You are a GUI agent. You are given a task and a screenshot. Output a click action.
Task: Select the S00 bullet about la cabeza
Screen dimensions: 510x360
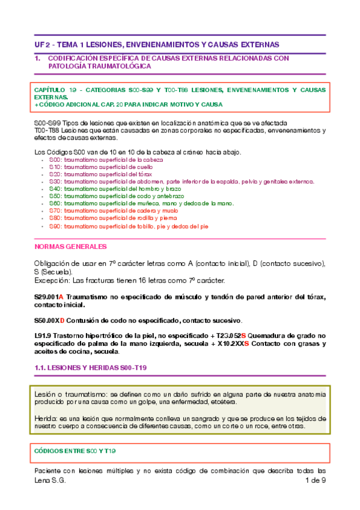106,160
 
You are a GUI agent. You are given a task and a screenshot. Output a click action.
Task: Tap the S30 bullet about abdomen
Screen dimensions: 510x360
180,181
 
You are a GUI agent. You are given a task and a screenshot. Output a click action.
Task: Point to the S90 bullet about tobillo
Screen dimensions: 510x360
129,227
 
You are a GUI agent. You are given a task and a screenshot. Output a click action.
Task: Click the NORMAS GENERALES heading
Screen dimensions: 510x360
71,247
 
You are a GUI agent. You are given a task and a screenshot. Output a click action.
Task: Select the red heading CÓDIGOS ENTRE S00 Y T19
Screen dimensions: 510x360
76,450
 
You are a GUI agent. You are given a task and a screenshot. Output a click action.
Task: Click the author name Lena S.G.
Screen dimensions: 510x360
49,481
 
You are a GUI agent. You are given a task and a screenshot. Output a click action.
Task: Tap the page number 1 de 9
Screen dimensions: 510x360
316,481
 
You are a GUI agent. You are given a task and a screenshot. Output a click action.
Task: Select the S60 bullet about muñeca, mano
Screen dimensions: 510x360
139,204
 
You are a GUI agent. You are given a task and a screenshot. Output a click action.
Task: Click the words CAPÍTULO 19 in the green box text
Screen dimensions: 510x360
57,90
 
